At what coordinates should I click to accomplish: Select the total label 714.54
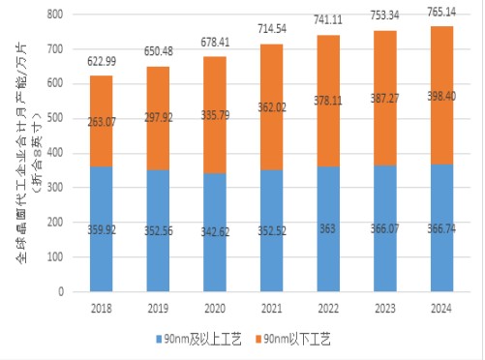pos(278,32)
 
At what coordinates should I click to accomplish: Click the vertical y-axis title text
pos(23,153)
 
